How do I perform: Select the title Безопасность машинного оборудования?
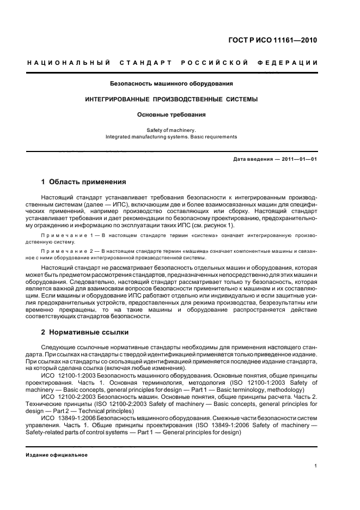coord(172,84)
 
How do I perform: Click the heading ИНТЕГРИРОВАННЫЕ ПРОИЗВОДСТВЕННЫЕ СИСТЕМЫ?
coord(172,99)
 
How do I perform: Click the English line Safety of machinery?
coord(172,130)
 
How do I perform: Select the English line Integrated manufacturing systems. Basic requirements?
coord(172,137)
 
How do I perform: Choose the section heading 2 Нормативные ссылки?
coord(86,332)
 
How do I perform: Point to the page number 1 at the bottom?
coord(316,466)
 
